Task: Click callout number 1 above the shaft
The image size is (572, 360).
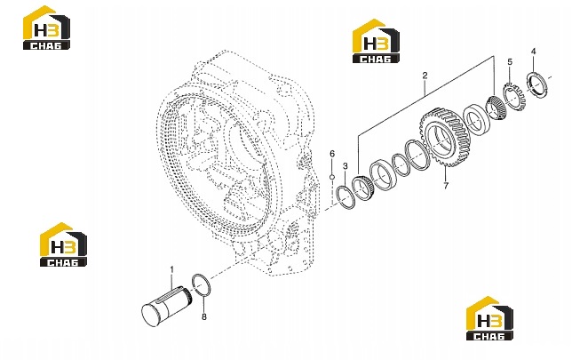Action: coord(172,270)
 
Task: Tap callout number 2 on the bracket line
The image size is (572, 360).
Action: coord(425,76)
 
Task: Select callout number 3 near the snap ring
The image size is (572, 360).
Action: coord(346,166)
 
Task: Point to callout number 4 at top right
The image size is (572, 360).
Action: coord(533,52)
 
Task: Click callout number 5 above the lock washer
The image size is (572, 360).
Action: coord(510,61)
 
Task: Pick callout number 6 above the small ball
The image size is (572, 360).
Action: coord(332,154)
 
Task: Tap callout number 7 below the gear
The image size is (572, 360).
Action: coord(446,186)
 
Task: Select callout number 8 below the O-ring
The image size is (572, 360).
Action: coord(204,316)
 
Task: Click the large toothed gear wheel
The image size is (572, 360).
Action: coord(445,138)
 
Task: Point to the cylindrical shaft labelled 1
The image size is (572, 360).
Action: coord(166,306)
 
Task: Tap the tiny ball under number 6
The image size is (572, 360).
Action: coord(332,177)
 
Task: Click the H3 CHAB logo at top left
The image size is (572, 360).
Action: coord(46,28)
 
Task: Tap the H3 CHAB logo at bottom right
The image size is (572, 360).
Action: coord(489,318)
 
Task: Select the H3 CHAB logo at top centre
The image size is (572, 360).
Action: coord(376,41)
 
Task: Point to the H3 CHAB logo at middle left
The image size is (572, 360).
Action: coord(63,244)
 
